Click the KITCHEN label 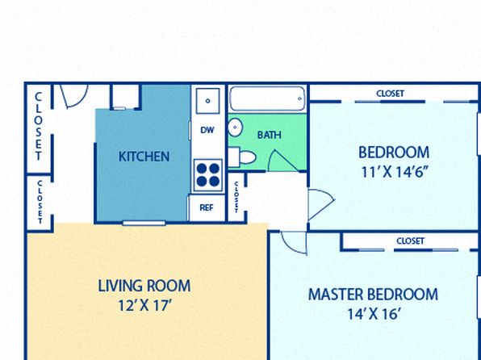pyautogui.click(x=144, y=157)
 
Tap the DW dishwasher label pyautogui.click(x=207, y=130)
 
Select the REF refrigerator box pyautogui.click(x=207, y=207)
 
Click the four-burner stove pyautogui.click(x=208, y=175)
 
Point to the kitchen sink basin pyautogui.click(x=208, y=101)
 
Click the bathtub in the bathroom pyautogui.click(x=267, y=98)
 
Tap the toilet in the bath pyautogui.click(x=242, y=157)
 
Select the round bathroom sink pyautogui.click(x=236, y=128)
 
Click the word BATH pyautogui.click(x=269, y=135)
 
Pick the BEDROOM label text pyautogui.click(x=394, y=153)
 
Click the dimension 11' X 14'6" pyautogui.click(x=394, y=172)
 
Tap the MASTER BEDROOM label pyautogui.click(x=373, y=295)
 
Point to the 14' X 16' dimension pyautogui.click(x=374, y=314)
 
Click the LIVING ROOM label pyautogui.click(x=144, y=286)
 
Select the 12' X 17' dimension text pyautogui.click(x=144, y=305)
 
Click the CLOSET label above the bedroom pyautogui.click(x=390, y=94)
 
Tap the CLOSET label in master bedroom pyautogui.click(x=411, y=241)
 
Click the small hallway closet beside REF pyautogui.click(x=236, y=197)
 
